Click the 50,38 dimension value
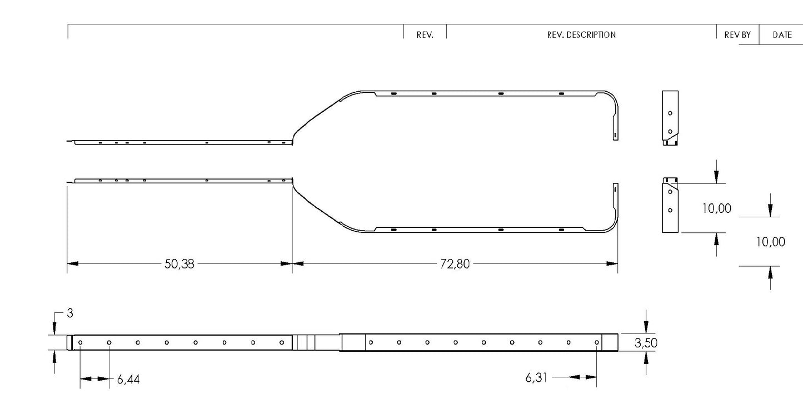coord(179,264)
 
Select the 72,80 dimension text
coord(455,264)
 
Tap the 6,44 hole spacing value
coord(128,380)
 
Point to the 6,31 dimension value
coord(536,377)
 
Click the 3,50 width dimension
coord(646,343)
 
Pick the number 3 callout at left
coord(70,313)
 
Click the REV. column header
coord(425,35)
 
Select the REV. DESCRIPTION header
coord(581,35)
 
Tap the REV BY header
coord(737,35)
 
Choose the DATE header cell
coord(782,35)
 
